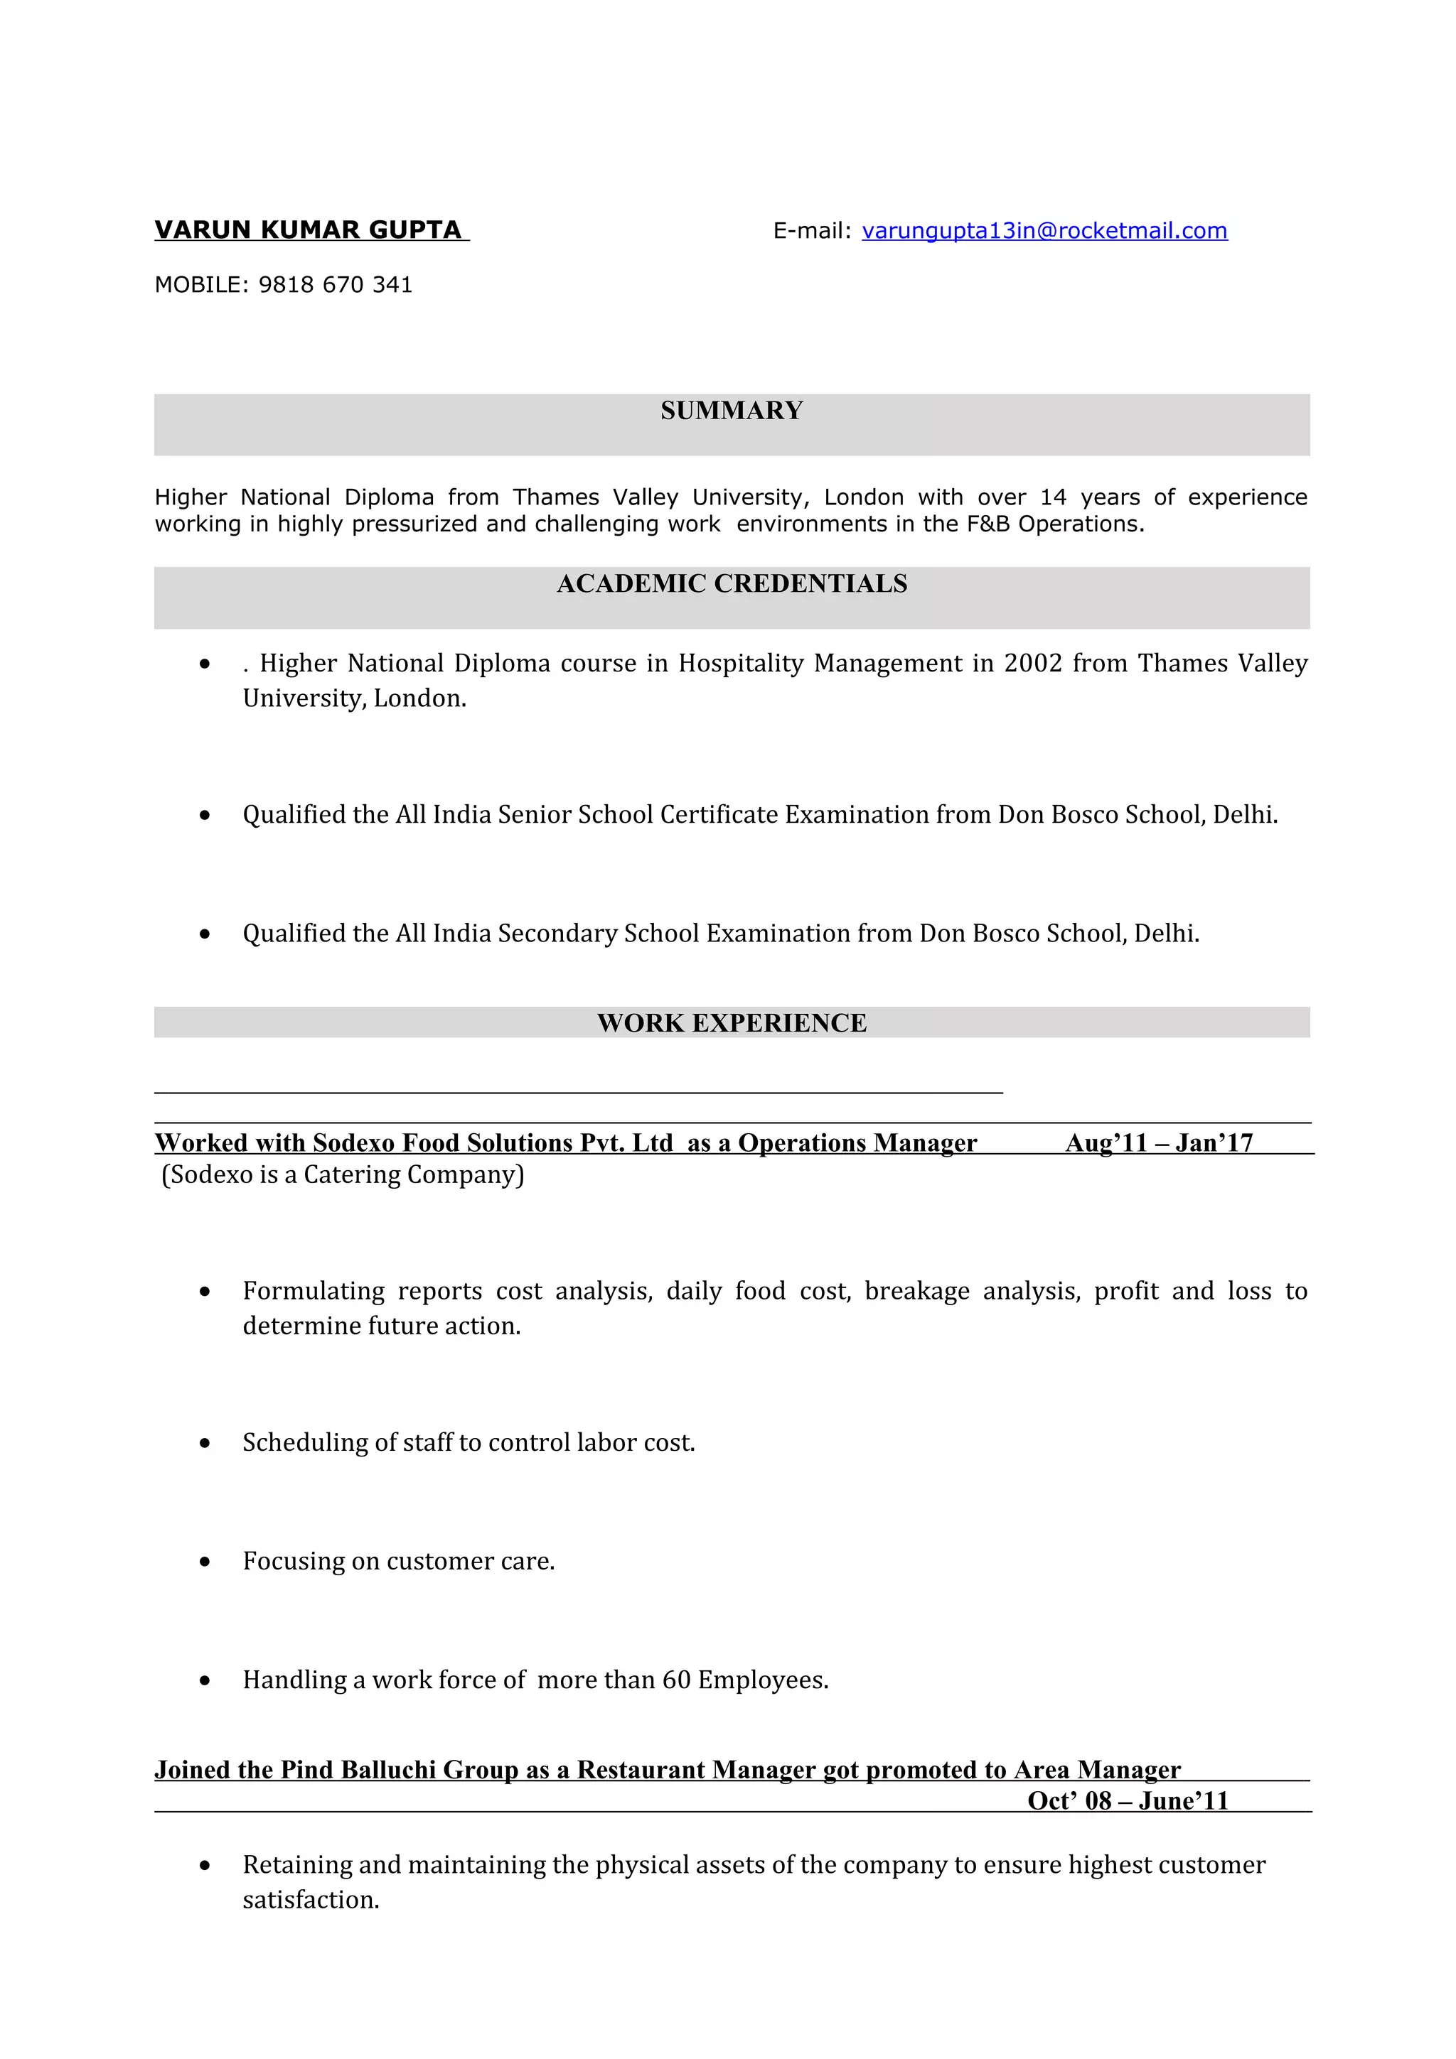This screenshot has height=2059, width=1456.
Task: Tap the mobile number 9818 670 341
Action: (x=335, y=284)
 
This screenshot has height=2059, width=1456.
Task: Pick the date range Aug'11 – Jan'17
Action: (x=1158, y=1142)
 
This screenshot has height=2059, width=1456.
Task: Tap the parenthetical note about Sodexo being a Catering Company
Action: (x=343, y=1174)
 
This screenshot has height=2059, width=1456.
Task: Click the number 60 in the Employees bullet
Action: (x=675, y=1680)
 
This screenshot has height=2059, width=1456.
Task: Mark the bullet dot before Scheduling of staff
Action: (x=205, y=1443)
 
